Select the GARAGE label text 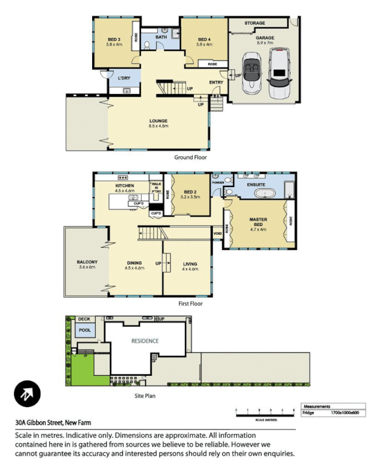pos(265,38)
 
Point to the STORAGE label pos(255,24)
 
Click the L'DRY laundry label pos(123,78)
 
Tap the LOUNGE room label pos(158,120)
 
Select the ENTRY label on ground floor pos(215,82)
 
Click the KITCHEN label pos(125,185)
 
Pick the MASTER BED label pos(258,222)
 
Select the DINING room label pos(134,264)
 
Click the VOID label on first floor pos(217,234)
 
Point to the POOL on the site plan pos(85,330)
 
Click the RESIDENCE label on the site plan pos(145,340)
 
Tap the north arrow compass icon pos(27,394)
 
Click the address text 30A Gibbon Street pos(53,422)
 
